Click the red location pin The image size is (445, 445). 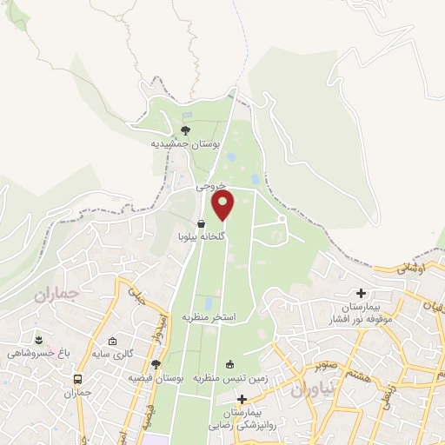(224, 205)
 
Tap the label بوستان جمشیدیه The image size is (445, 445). (186, 143)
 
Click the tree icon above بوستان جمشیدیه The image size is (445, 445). (184, 130)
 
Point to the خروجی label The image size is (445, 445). (210, 186)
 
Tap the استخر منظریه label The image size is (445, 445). (209, 317)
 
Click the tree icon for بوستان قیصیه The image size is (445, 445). (156, 365)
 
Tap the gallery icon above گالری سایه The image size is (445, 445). (112, 341)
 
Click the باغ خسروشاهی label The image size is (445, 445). (37, 353)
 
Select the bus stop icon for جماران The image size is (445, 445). (78, 380)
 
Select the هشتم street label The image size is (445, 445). (362, 371)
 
